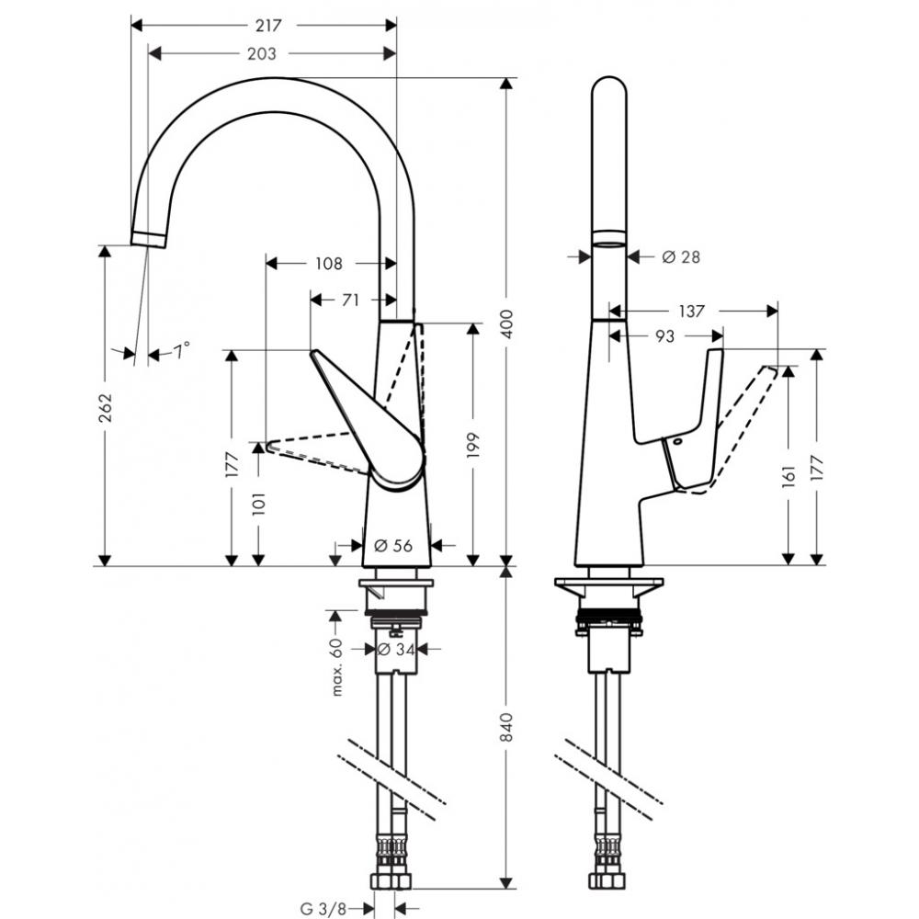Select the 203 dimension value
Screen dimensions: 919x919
point(262,54)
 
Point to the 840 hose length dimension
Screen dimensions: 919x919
point(505,727)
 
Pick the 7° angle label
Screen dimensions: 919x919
point(182,351)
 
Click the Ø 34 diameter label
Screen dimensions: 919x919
point(397,649)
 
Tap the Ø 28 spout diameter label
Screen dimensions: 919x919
point(681,257)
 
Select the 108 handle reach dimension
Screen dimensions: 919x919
point(328,264)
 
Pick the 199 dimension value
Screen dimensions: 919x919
point(473,446)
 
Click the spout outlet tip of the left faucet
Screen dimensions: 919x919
point(148,240)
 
